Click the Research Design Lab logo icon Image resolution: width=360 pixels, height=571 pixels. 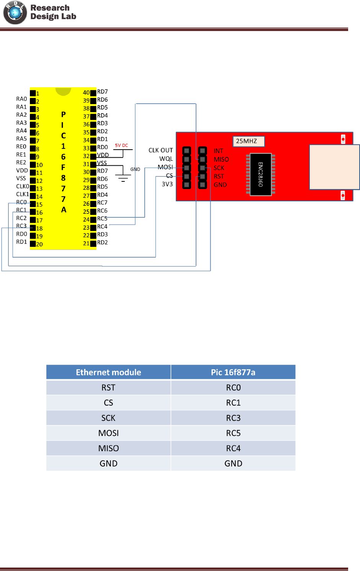15,12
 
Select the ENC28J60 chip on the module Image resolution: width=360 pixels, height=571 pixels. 260,175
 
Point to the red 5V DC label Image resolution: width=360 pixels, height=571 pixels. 121,145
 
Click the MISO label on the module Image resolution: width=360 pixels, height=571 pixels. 221,160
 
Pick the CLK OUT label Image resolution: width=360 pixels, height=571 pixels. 160,150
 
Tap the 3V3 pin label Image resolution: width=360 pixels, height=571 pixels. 167,184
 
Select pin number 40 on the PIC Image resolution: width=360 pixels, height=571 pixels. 86,93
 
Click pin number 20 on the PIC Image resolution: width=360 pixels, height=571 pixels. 39,244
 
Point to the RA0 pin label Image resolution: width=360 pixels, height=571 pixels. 21,99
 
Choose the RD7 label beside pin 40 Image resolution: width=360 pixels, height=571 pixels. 102,92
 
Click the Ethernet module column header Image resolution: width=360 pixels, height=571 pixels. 108,372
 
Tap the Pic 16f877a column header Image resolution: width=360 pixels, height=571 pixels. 233,372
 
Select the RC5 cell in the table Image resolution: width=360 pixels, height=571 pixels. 233,433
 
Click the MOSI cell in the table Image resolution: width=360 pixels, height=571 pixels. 108,433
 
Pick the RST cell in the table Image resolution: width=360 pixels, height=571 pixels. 108,388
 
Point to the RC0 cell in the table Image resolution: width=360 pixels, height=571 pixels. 233,388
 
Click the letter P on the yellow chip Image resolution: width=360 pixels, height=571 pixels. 64,114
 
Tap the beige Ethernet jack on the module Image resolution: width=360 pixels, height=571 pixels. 334,167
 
